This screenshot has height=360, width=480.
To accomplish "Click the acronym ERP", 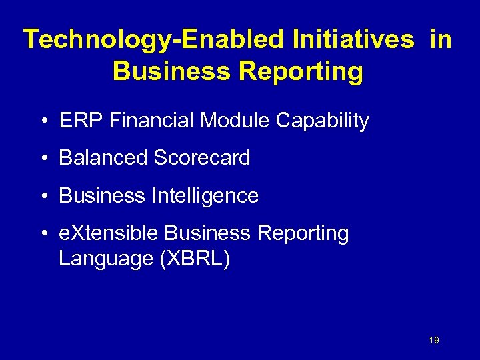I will coord(75,121).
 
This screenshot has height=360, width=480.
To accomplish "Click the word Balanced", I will coord(103,158).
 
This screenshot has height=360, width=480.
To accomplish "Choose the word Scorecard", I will coord(201,158).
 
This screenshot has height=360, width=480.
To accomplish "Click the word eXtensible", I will coord(109,233).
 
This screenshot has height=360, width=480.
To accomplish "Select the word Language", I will coord(106,258).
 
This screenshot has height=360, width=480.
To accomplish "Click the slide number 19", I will coord(434,341).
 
